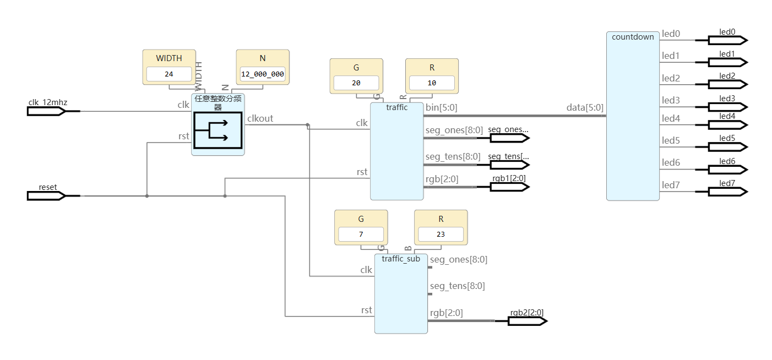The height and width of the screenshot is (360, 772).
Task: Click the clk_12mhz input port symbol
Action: tap(46, 111)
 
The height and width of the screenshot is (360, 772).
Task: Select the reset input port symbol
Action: tap(46, 195)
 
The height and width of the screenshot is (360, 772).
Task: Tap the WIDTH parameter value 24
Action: tap(169, 74)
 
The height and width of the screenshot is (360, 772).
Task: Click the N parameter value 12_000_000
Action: tap(263, 74)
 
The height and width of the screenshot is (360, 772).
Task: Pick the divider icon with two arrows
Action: tap(218, 130)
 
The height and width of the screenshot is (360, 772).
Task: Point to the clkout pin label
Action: tap(260, 118)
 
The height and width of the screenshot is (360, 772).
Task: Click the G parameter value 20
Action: tap(356, 83)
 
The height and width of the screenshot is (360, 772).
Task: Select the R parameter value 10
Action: tap(432, 83)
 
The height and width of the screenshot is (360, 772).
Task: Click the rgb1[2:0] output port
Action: tap(509, 187)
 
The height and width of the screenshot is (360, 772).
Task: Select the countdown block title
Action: tap(633, 37)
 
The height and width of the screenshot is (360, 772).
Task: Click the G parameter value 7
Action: tap(361, 234)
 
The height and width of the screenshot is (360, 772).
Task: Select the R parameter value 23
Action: tap(441, 234)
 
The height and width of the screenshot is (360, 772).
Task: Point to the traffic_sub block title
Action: tap(401, 259)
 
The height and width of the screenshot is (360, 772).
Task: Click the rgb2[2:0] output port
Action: tap(527, 320)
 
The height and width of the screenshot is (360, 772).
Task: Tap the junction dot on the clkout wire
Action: tap(307, 125)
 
